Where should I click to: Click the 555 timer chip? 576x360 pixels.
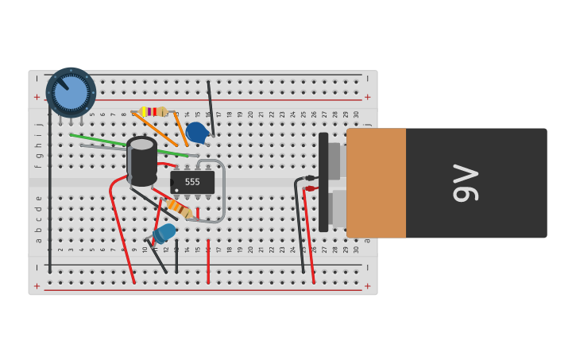point(192,182)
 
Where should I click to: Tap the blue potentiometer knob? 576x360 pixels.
point(71,92)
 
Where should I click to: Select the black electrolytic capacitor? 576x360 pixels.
point(142,162)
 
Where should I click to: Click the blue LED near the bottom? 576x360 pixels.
point(165,232)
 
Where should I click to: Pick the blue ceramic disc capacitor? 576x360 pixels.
point(196,132)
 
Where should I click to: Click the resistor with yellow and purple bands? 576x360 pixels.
point(152,111)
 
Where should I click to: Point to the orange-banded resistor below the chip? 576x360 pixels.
point(180,208)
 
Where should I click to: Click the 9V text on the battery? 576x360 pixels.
point(464,183)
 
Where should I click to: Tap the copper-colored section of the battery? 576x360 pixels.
point(377,183)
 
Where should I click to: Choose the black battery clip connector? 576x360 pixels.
point(323,183)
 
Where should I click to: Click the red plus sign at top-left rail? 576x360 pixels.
point(37,97)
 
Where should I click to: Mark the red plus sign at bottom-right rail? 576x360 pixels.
point(367,285)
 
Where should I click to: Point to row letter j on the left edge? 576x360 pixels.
point(37,125)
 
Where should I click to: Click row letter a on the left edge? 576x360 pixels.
point(37,239)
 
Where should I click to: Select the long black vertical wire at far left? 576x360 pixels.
point(49,183)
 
